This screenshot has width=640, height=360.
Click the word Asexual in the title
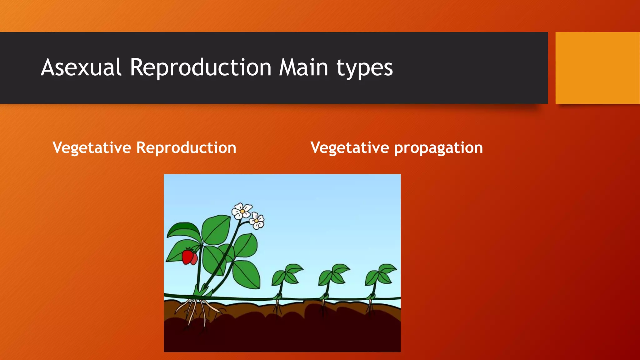click(x=81, y=67)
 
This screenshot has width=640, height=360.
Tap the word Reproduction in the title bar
click(x=200, y=67)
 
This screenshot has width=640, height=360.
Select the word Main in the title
click(x=303, y=67)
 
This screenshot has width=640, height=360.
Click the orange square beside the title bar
click(x=597, y=67)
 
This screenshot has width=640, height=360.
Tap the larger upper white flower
click(x=242, y=211)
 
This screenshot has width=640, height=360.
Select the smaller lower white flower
click(x=257, y=221)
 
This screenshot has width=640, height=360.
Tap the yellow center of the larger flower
click(x=242, y=211)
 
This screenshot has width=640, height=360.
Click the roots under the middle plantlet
click(x=323, y=308)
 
